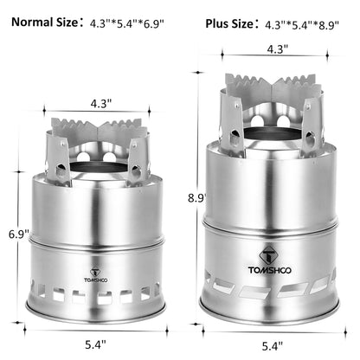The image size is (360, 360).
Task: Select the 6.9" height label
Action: pyautogui.click(x=16, y=234)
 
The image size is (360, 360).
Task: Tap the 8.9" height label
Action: pyautogui.click(x=197, y=197)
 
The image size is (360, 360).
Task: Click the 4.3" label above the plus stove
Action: pyautogui.click(x=274, y=49)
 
